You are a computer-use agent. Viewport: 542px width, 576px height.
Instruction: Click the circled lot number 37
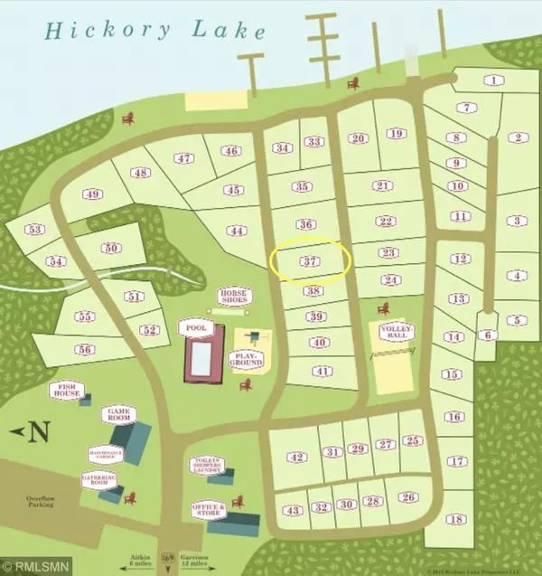click(x=310, y=261)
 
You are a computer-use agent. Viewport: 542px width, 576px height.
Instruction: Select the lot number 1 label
click(x=492, y=80)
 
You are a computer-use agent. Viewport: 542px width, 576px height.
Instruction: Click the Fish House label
click(x=67, y=392)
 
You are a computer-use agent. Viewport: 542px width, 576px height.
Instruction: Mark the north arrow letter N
click(x=38, y=431)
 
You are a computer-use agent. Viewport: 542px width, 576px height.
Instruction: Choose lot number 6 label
click(x=488, y=335)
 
